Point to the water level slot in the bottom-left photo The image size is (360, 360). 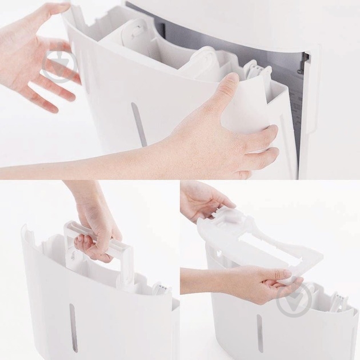coord(72,327)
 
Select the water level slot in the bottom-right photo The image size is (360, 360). coord(259,333)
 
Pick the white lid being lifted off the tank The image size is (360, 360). coord(246,240)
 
